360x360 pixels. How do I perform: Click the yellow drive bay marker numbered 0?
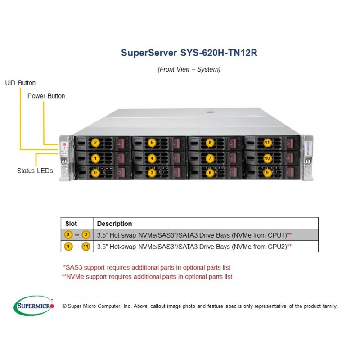tap(95, 172)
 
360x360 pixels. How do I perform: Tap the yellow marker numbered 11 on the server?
tap(267, 143)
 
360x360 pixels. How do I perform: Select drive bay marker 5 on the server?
tap(153, 143)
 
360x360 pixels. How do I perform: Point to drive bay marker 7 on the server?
tap(210, 158)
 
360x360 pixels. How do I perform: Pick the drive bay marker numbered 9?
tap(267, 172)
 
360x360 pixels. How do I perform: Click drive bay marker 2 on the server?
tap(95, 143)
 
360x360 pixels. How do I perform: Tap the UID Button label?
tap(20, 83)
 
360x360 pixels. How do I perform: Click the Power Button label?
tap(46, 96)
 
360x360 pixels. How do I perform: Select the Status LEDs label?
tap(35, 171)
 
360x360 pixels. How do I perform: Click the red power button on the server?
tap(64, 145)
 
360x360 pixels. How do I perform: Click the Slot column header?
tap(71, 224)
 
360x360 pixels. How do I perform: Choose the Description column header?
tap(114, 224)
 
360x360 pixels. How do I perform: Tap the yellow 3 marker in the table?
tap(86, 235)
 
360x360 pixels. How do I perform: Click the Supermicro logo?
tap(34, 306)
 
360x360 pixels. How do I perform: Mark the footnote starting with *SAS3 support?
tap(147, 267)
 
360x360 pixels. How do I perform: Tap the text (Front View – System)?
tap(189, 69)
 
